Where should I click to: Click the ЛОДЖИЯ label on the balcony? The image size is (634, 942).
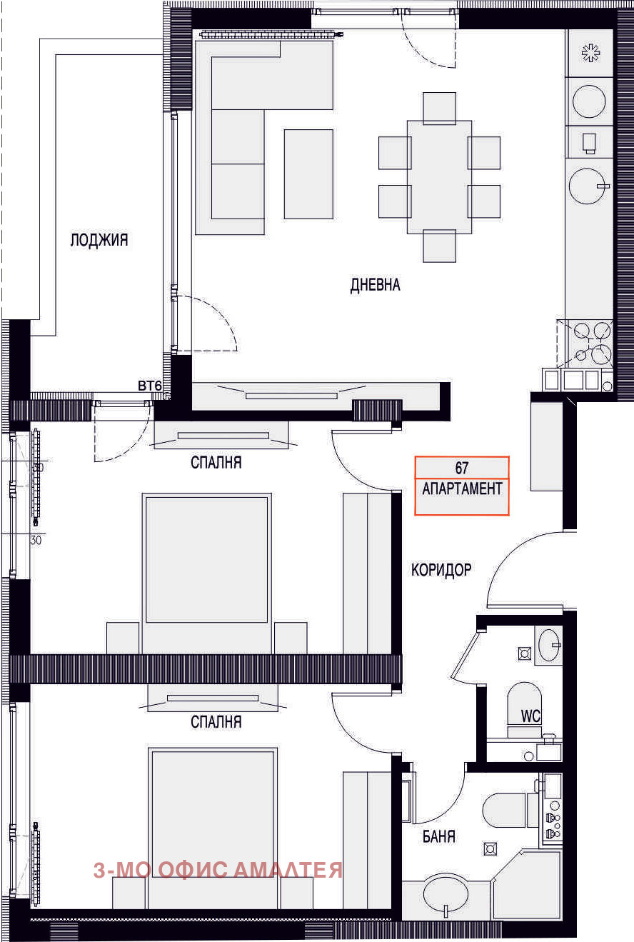coord(99,240)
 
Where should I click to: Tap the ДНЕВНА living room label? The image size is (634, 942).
coord(375,285)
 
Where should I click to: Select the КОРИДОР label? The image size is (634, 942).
coord(441,570)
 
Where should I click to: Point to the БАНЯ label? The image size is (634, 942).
coord(439,836)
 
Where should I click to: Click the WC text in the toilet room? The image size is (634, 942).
coord(530,716)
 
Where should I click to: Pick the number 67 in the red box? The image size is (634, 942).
coord(462,468)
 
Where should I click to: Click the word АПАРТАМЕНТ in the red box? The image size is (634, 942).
coord(462,488)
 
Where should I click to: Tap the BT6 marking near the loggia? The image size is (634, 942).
coord(150,386)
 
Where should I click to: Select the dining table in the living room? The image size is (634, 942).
coord(439,176)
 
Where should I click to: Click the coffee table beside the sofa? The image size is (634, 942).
coord(308,174)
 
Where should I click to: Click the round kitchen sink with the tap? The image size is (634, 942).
coord(588,186)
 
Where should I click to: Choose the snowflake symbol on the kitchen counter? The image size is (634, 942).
coord(590,53)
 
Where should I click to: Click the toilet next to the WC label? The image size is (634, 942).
coord(524,709)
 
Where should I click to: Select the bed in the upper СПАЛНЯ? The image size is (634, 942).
coord(206,573)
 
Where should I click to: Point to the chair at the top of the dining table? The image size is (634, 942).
coord(439,108)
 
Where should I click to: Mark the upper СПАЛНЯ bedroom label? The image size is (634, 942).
coord(216,463)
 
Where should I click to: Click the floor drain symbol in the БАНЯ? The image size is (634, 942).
coord(490,849)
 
